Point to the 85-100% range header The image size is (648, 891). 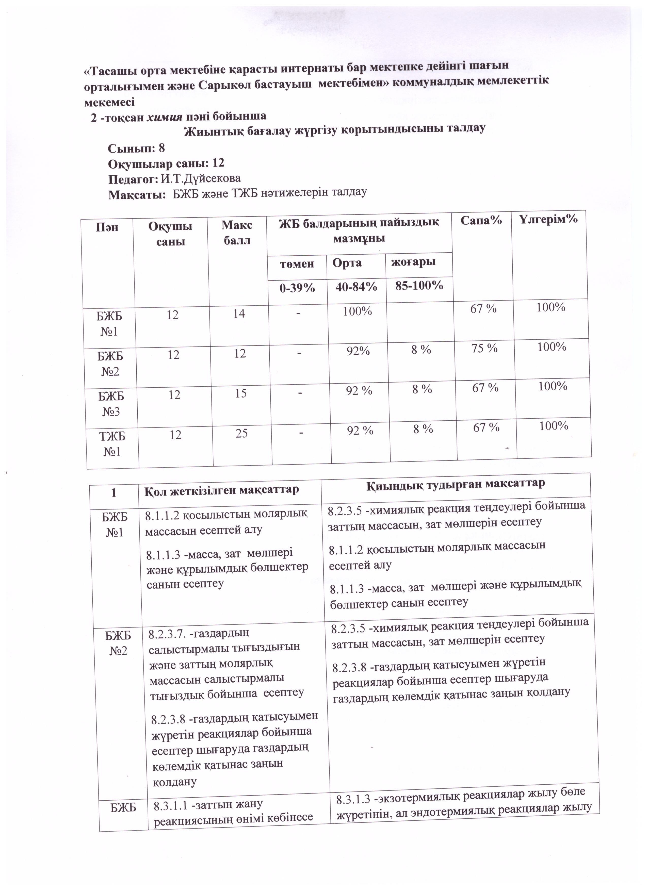(x=419, y=286)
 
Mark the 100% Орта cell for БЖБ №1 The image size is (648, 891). (x=357, y=311)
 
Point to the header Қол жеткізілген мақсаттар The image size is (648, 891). (x=222, y=490)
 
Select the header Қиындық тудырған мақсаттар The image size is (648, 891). (x=456, y=484)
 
